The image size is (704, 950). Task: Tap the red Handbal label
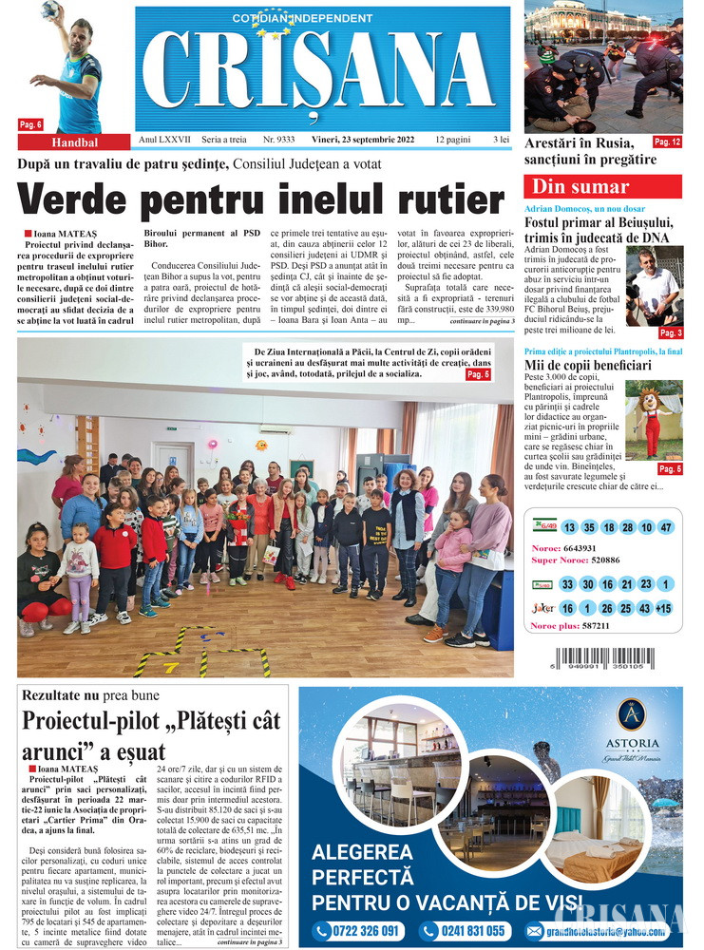[x=75, y=142]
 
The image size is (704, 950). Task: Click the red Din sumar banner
[x=602, y=187]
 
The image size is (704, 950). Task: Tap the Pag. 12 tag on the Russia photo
[x=667, y=142]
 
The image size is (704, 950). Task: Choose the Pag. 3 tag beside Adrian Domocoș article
[x=671, y=332]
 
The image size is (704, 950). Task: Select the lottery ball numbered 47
[x=665, y=527]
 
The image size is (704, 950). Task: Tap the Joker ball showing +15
[x=662, y=608]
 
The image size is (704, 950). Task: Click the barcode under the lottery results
[x=602, y=661]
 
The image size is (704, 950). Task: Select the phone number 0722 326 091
[x=356, y=930]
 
